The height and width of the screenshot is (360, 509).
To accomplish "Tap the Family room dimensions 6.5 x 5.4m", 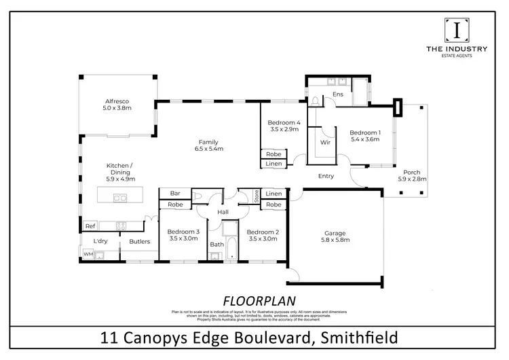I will click(208, 148).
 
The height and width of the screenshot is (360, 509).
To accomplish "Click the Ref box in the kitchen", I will click(90, 226).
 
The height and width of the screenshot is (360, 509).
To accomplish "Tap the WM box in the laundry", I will click(88, 254).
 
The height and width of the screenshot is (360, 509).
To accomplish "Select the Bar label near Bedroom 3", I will click(174, 194).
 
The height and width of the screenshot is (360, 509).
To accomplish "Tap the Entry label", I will click(326, 177).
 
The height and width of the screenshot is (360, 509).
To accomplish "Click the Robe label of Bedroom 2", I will click(274, 204).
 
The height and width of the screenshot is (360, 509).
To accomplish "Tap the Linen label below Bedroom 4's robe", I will click(274, 164).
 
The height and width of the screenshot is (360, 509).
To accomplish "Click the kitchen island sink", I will click(119, 198).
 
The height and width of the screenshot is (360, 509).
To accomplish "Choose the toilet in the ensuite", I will click(315, 101).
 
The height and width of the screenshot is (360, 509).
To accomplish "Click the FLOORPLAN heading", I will click(254, 300).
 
